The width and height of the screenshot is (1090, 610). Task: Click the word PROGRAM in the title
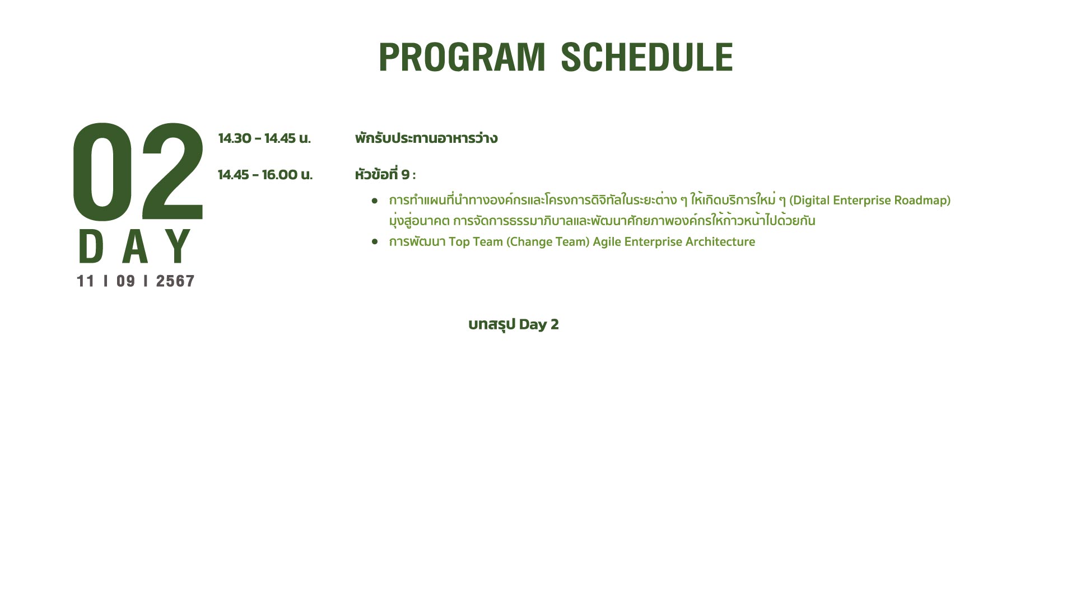[462, 57]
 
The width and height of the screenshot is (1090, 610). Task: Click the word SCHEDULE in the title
[647, 57]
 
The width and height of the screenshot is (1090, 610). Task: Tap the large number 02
[138, 171]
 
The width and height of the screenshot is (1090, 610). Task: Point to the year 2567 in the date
[175, 281]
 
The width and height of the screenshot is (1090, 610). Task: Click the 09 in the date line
[126, 281]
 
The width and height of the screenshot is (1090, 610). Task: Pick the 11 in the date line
[86, 281]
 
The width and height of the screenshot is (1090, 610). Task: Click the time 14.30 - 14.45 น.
[264, 138]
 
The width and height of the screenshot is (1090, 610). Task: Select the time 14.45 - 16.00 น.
[265, 175]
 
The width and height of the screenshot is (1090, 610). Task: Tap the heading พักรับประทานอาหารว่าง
[426, 138]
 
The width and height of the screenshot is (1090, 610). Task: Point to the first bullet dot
[375, 200]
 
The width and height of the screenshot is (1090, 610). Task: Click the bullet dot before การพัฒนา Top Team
[375, 241]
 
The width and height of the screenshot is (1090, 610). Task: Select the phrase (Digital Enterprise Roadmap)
[870, 201]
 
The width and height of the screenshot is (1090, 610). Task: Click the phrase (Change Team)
[548, 242]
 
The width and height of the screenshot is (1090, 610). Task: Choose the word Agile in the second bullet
[607, 243]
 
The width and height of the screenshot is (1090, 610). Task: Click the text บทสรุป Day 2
[514, 324]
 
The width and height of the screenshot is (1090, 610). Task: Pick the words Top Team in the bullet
[476, 242]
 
